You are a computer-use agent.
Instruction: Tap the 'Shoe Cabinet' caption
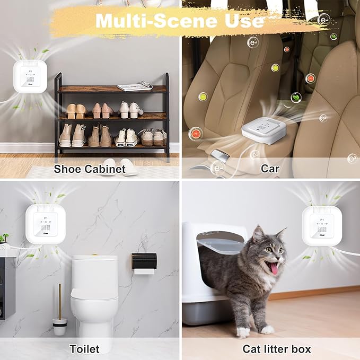click(x=90, y=169)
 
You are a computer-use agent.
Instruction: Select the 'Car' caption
click(x=270, y=169)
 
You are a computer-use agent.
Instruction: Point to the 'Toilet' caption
click(x=84, y=348)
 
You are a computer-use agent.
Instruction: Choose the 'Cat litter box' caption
click(x=277, y=348)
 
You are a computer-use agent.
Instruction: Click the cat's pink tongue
click(x=275, y=268)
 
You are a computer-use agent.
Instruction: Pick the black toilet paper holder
click(x=144, y=261)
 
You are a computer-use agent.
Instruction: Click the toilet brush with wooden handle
click(x=60, y=313)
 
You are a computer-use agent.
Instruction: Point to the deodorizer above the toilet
click(x=46, y=223)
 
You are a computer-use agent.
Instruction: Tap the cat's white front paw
click(x=243, y=331)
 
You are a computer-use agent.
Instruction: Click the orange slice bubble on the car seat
click(x=196, y=133)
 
